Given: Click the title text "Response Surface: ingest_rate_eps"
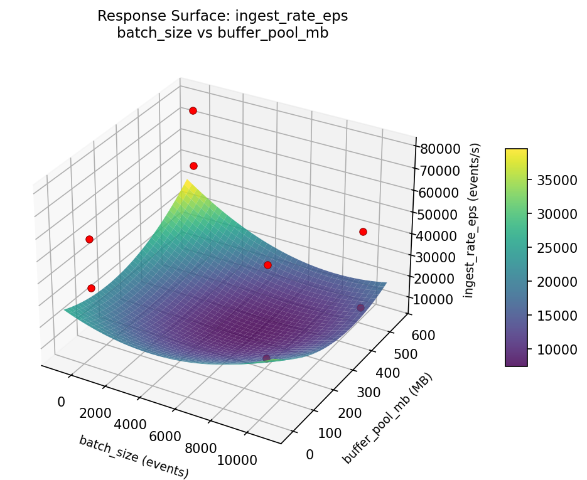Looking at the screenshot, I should [x=222, y=16].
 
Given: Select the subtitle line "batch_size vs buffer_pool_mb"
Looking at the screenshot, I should [x=222, y=33].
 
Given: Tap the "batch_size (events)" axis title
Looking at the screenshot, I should [x=134, y=456].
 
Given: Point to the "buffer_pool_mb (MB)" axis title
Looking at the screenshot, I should [x=387, y=419].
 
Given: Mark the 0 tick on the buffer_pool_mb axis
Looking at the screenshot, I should [x=310, y=454].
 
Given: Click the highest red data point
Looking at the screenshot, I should [x=193, y=110].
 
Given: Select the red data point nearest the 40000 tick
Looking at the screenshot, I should [x=363, y=232].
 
